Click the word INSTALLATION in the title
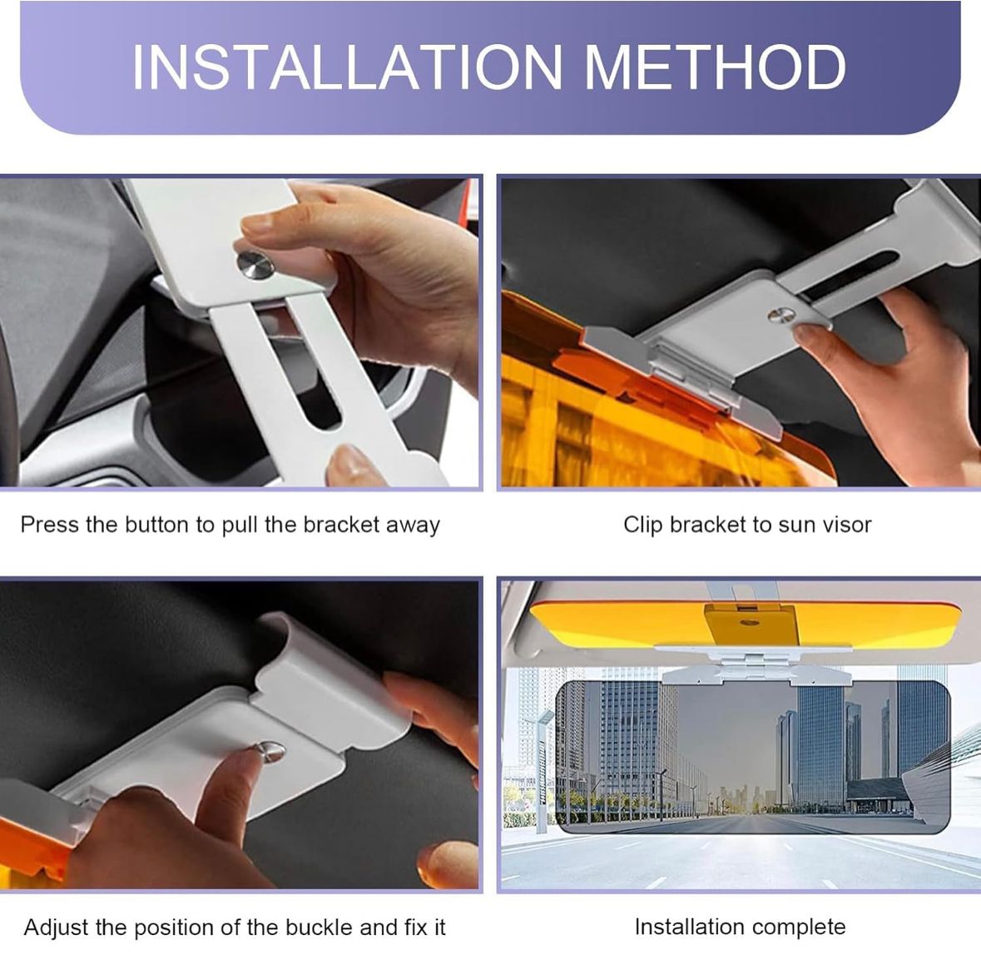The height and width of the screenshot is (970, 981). (347, 67)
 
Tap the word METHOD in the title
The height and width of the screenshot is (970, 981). (715, 67)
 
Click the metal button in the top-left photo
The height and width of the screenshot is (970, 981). (255, 265)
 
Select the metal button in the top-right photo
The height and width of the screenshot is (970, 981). (781, 316)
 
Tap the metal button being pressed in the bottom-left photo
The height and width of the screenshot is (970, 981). (271, 751)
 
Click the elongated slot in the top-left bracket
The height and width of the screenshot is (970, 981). (311, 373)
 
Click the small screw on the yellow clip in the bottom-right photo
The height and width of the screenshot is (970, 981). (746, 623)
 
